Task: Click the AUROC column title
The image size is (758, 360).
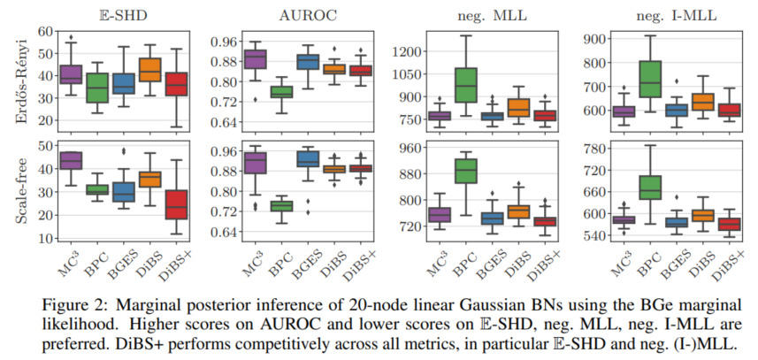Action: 276,14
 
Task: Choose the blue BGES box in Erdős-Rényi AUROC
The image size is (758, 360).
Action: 308,62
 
